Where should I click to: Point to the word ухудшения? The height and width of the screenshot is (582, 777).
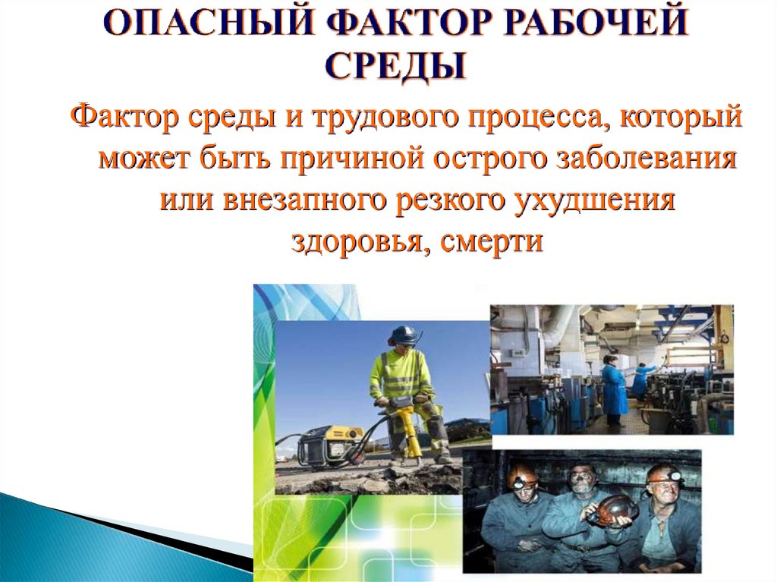(x=595, y=200)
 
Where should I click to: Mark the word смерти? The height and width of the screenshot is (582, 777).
(x=491, y=242)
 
